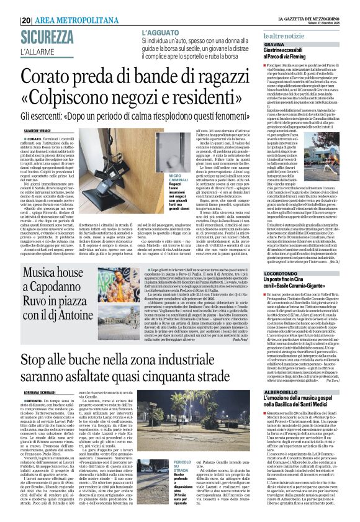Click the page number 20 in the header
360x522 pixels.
coord(27,20)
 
